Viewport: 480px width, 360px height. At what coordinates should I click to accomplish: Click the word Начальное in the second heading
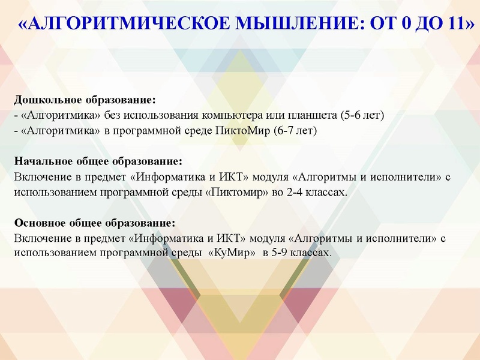coord(42,162)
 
